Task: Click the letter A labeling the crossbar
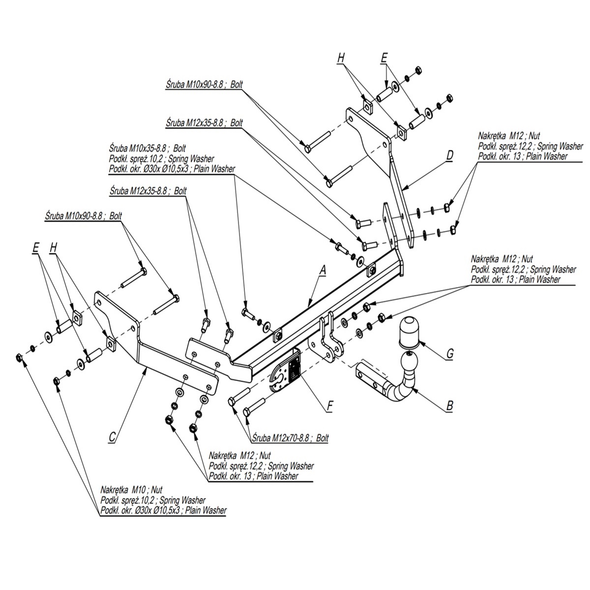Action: (x=323, y=269)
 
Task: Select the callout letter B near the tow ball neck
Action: (x=449, y=406)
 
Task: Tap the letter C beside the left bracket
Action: (x=112, y=436)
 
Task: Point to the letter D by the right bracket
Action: (x=449, y=155)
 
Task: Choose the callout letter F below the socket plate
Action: (x=330, y=406)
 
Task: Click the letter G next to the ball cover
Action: (x=449, y=353)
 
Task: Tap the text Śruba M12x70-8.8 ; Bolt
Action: (x=290, y=438)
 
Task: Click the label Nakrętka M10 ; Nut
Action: (x=131, y=490)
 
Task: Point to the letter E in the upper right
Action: (x=384, y=58)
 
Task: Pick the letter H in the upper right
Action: (x=341, y=58)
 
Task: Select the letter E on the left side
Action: (x=35, y=249)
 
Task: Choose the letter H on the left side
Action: (x=54, y=249)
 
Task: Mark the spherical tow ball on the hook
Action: (x=409, y=364)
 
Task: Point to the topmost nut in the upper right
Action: (x=418, y=70)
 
